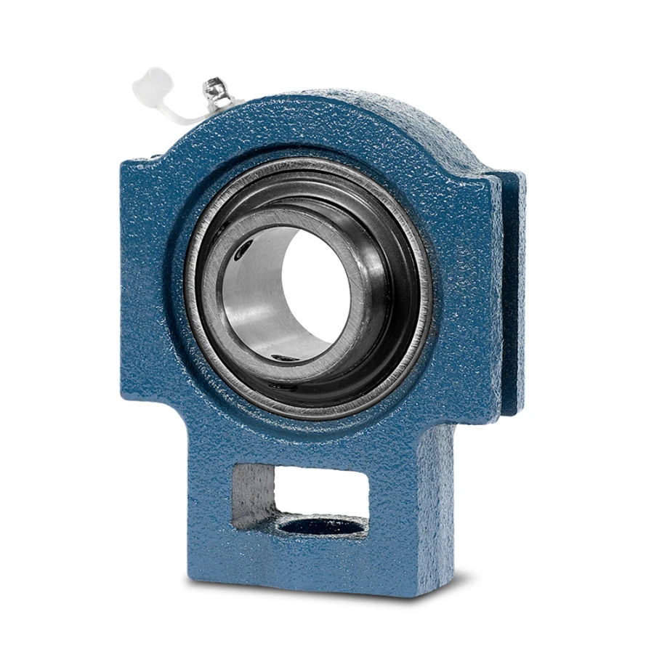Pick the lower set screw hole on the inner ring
[x=280, y=357]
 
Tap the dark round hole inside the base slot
[x=320, y=525]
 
